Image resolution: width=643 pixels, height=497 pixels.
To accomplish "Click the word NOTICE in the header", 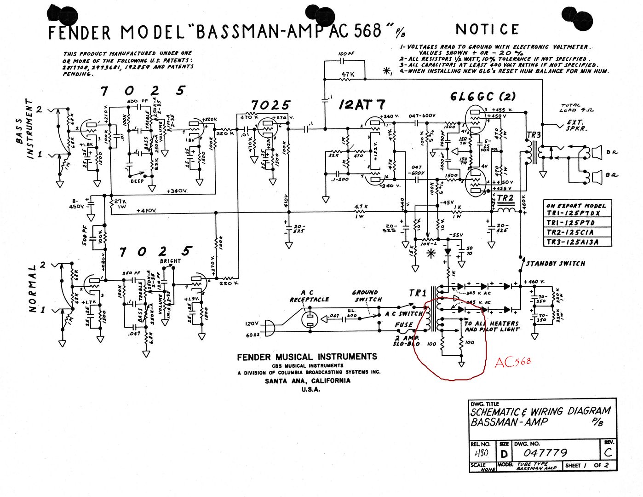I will click(x=487, y=30).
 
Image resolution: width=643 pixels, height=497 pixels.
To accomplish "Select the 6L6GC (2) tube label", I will click(x=482, y=97).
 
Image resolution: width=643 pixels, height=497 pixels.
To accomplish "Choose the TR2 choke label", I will click(x=505, y=198).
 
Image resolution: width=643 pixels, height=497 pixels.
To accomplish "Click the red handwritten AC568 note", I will click(x=513, y=362).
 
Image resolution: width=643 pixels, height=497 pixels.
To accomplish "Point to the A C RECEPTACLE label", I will click(x=309, y=296).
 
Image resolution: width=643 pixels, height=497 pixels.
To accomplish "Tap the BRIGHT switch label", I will click(x=170, y=261).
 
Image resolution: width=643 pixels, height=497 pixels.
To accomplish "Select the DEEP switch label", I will click(x=137, y=181).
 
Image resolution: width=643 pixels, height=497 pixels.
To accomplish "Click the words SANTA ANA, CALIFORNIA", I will click(x=307, y=381).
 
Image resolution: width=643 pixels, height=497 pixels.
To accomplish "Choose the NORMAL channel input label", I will click(x=32, y=289).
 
